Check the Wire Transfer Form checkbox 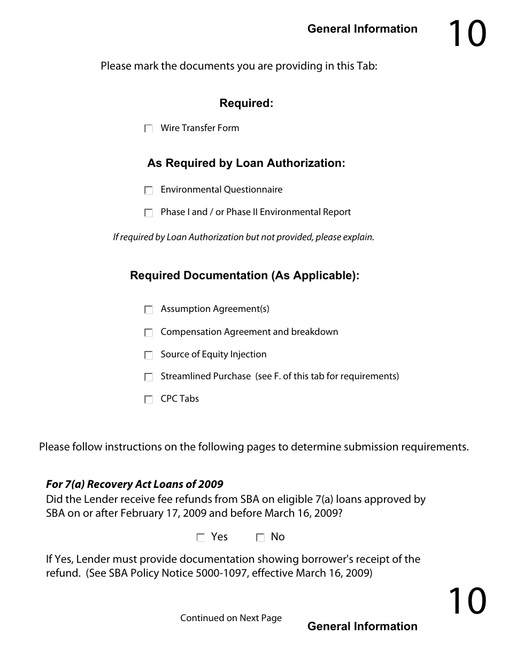tap(149, 129)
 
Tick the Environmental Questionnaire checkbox tap(149, 190)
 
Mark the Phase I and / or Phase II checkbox tap(149, 213)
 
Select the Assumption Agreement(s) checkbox tap(149, 310)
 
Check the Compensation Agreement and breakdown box tap(149, 333)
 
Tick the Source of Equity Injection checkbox tap(149, 355)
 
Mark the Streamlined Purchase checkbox tap(149, 378)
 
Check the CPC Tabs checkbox tap(149, 400)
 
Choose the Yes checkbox tap(201, 538)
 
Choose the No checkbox tap(260, 538)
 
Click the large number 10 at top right tap(467, 34)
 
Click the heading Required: tap(246, 104)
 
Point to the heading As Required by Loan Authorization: tap(246, 164)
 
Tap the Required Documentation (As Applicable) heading tap(244, 276)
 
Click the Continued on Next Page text tap(230, 618)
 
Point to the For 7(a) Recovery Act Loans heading tap(134, 485)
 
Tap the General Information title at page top tap(362, 29)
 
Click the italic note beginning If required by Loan tap(243, 237)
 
